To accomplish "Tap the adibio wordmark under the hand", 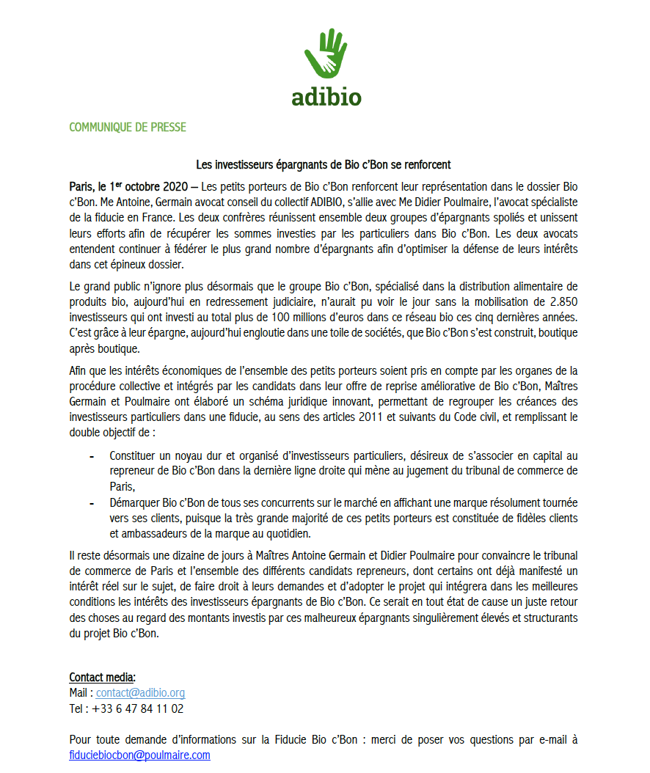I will [326, 96].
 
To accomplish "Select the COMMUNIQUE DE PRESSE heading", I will [128, 128].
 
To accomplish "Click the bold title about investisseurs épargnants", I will [323, 164].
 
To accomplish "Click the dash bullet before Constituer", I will [92, 457].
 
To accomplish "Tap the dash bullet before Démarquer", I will [92, 504].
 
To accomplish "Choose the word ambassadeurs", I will [155, 533].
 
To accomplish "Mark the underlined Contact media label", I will [103, 677].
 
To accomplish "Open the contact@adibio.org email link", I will [140, 693].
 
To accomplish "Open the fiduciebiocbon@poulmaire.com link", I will [139, 755].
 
